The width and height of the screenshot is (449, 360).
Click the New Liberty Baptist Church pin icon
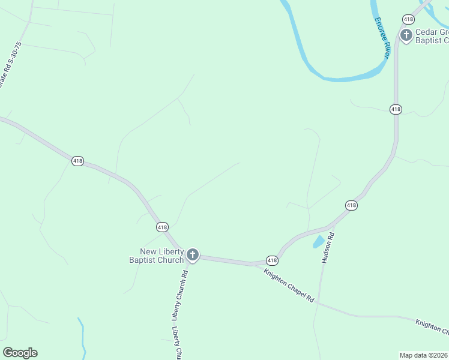(x=193, y=255)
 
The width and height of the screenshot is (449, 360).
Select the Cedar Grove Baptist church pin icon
(x=406, y=35)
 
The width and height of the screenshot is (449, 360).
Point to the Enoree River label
(x=383, y=38)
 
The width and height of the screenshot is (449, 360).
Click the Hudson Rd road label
(x=327, y=248)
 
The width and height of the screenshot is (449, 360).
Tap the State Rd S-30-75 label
(x=10, y=65)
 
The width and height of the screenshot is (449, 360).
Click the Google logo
(x=20, y=353)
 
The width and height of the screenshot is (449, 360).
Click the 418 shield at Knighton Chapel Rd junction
(x=272, y=260)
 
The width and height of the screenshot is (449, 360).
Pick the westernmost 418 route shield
(x=77, y=161)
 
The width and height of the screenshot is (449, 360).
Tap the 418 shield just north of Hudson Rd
(x=351, y=205)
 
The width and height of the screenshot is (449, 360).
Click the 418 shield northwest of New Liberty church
(x=162, y=227)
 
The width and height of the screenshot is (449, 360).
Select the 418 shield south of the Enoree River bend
(x=396, y=109)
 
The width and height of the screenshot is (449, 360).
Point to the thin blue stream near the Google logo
(x=82, y=339)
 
